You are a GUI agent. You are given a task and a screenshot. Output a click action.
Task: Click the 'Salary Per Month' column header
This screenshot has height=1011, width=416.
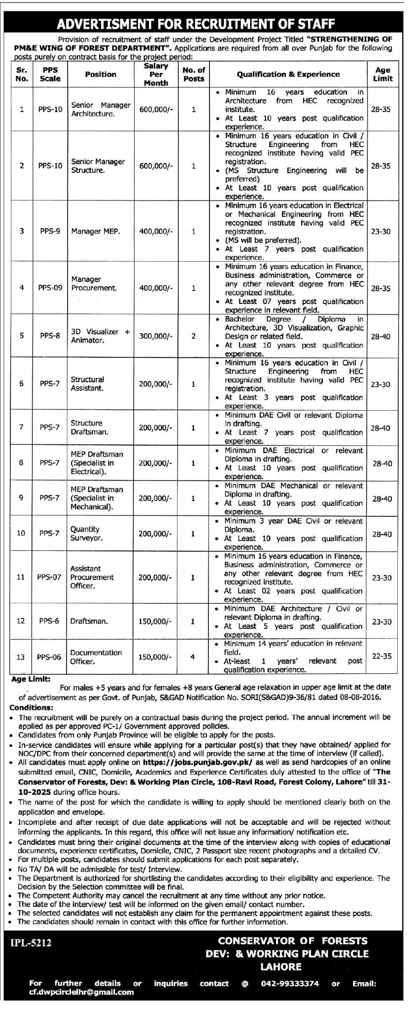click(156, 75)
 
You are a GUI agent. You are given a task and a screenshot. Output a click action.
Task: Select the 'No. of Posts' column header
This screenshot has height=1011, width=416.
click(194, 75)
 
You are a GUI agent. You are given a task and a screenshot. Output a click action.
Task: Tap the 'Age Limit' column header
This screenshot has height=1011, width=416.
click(382, 75)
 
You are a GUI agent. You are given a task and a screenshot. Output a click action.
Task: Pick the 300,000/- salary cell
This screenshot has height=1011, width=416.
click(156, 336)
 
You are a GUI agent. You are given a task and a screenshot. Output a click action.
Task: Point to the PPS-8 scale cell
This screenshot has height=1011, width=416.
click(50, 336)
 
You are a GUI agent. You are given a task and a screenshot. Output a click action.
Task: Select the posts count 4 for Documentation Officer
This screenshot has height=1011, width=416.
click(193, 657)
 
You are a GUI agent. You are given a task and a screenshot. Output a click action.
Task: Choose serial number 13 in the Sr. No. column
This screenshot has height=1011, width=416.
click(21, 657)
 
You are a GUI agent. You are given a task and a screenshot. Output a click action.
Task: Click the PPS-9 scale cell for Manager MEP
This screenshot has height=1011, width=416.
click(50, 231)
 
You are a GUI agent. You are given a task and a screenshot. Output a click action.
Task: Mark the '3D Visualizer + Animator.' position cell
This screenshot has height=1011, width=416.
click(100, 336)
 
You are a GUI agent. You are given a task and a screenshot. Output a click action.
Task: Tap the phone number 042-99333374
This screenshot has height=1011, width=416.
click(292, 983)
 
